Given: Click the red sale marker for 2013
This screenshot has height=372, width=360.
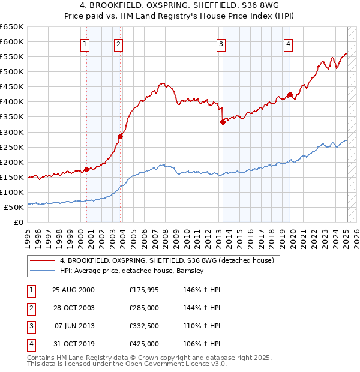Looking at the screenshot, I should pos(223,122).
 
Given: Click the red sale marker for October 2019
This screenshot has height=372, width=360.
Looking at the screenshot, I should pos(290,94).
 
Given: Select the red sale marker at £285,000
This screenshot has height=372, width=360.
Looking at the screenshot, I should pos(120,136).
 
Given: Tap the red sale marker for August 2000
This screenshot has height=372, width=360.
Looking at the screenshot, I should pos(86,169).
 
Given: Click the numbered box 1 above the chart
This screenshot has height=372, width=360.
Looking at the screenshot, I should pos(85,44).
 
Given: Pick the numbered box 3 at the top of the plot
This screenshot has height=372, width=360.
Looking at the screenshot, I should pos(221,44).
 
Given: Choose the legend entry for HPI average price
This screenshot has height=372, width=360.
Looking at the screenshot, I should pos(132,271).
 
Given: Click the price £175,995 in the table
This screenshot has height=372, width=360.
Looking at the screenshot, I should pos(144,290).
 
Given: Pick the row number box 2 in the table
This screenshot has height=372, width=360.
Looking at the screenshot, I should pos(30,308).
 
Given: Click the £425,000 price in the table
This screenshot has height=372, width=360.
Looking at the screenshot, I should pos(144,344).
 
